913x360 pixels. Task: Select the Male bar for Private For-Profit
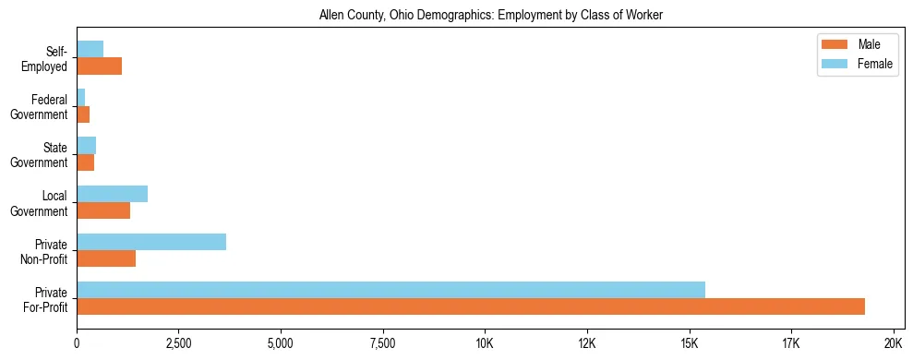(x=471, y=306)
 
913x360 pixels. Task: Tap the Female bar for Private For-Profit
(x=390, y=290)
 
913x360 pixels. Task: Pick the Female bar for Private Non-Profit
(x=151, y=242)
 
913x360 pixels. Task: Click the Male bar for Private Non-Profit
(x=106, y=258)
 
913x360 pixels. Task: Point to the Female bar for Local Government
(x=112, y=194)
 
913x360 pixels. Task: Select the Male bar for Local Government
(x=103, y=210)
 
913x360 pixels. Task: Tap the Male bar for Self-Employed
(x=99, y=66)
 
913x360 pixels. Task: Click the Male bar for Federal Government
(x=83, y=114)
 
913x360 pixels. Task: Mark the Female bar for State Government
(x=86, y=146)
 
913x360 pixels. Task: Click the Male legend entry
(x=869, y=44)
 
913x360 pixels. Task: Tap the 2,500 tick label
(x=178, y=343)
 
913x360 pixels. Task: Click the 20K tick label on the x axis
(x=893, y=343)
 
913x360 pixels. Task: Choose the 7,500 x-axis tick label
(x=382, y=343)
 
